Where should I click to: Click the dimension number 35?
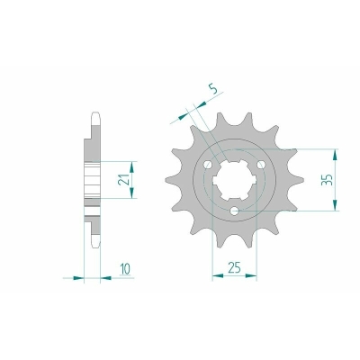(x=327, y=179)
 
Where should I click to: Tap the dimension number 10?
(x=125, y=269)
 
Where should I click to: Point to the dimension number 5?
(x=213, y=89)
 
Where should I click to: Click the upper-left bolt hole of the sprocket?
(x=208, y=165)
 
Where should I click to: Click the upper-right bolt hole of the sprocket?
(x=261, y=165)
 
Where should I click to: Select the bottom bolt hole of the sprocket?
(x=234, y=211)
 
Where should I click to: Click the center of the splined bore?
(x=234, y=181)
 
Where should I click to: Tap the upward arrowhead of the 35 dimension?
(x=335, y=154)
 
